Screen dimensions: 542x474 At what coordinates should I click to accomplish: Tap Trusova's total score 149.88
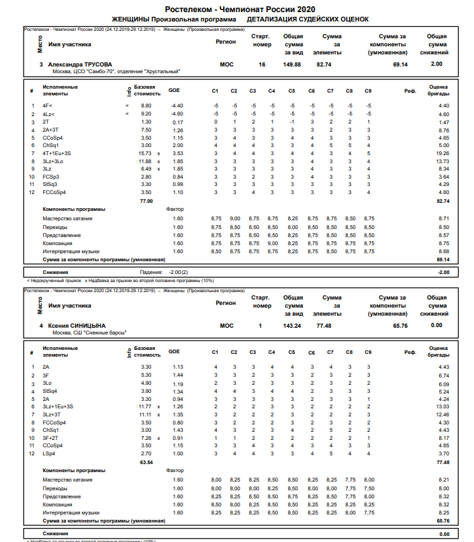pyautogui.click(x=292, y=64)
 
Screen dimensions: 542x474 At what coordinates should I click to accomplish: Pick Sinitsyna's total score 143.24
pyautogui.click(x=292, y=325)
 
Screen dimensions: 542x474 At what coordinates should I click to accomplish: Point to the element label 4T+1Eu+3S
pyautogui.click(x=57, y=154)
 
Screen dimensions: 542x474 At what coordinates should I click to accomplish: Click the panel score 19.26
pyautogui.click(x=443, y=154)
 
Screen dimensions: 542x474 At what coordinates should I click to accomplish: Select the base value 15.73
pyautogui.click(x=144, y=154)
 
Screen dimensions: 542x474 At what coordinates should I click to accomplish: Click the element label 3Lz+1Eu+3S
pyautogui.click(x=58, y=406)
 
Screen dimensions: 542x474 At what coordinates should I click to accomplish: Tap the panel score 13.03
pyautogui.click(x=443, y=406)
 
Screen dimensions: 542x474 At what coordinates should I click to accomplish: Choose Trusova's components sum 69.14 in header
pyautogui.click(x=400, y=64)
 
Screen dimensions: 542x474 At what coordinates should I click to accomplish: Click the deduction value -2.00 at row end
pyautogui.click(x=443, y=272)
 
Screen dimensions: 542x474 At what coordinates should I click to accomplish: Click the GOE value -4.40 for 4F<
pyautogui.click(x=177, y=106)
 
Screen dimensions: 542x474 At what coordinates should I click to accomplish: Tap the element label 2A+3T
pyautogui.click(x=51, y=130)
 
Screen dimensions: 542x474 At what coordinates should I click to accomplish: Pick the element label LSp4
pyautogui.click(x=48, y=454)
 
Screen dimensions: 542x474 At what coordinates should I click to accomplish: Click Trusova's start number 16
pyautogui.click(x=262, y=64)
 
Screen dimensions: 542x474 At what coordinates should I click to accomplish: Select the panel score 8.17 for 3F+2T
pyautogui.click(x=443, y=438)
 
